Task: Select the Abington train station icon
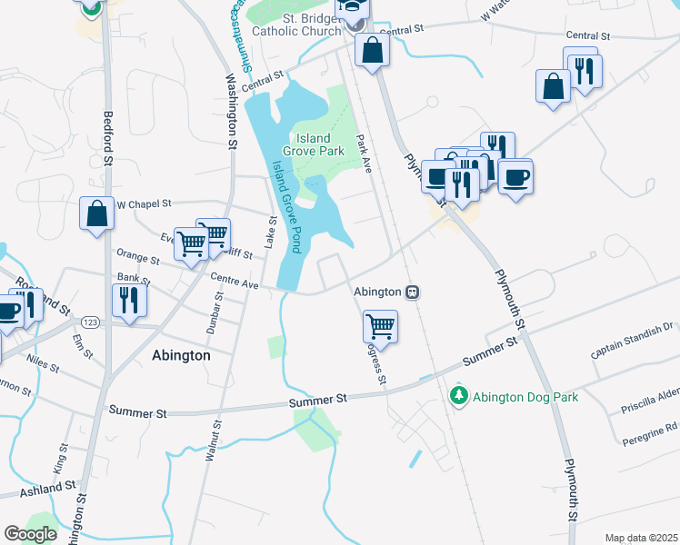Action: pos(412,292)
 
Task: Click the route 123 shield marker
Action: pos(90,322)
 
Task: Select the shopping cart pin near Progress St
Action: pos(380,325)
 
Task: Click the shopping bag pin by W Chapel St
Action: pos(97,214)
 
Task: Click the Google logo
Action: pos(30,534)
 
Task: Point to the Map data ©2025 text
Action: pos(640,538)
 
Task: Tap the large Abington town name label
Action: pos(180,356)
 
